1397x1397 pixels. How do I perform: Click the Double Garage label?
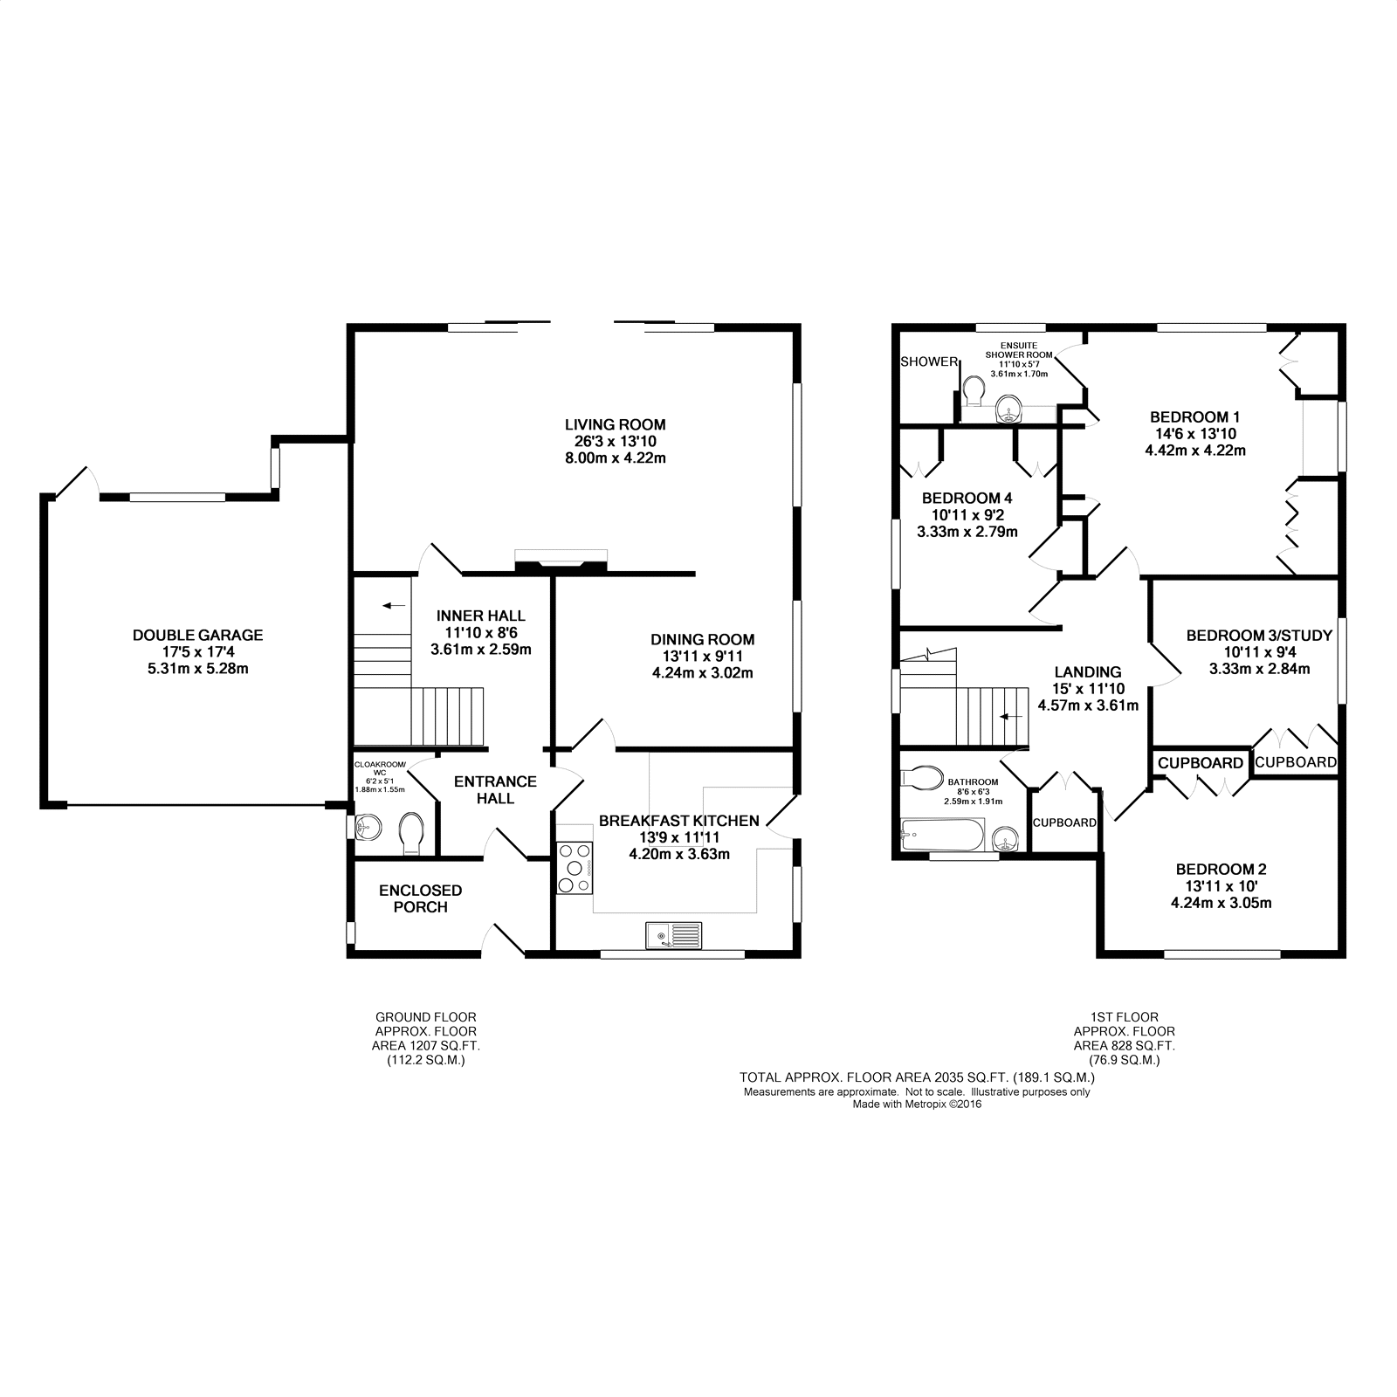(x=197, y=636)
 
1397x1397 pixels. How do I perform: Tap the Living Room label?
(x=616, y=425)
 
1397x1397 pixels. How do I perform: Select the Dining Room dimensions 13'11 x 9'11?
(x=703, y=656)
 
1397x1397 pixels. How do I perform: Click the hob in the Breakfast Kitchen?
(x=575, y=867)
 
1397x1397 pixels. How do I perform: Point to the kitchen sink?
(x=674, y=935)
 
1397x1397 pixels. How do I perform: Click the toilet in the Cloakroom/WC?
(x=410, y=835)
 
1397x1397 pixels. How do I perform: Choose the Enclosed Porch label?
(x=420, y=898)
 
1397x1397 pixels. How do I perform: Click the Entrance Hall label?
(x=495, y=789)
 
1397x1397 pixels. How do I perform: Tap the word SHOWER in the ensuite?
(x=929, y=361)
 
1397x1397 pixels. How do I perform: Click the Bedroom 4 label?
(x=967, y=499)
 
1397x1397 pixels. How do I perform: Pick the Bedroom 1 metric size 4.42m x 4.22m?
(x=1194, y=451)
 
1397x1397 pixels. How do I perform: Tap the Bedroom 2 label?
(x=1221, y=869)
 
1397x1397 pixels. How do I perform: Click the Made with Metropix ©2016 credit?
(x=917, y=1104)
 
